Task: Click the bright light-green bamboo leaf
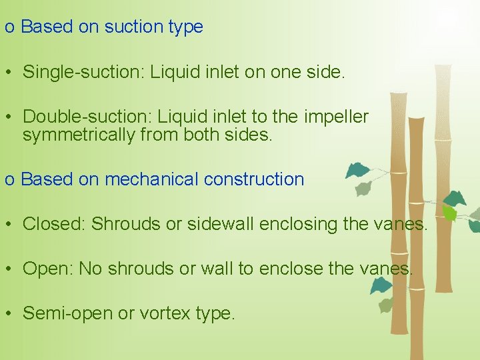(x=451, y=213)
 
